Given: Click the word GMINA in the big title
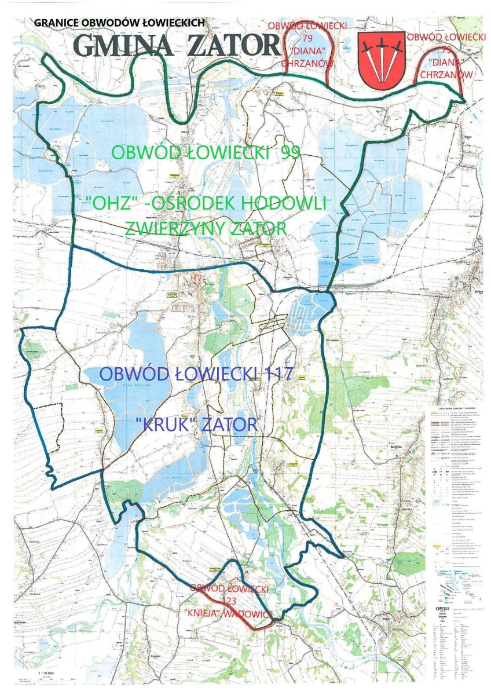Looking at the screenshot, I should (x=122, y=46).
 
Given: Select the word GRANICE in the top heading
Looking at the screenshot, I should (x=56, y=23).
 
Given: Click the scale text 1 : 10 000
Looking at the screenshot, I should (x=49, y=674).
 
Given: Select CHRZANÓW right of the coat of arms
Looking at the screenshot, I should (x=446, y=75).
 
